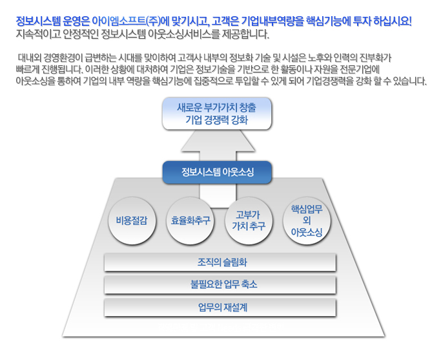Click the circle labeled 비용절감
coord(132,220)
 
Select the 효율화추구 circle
coord(190,220)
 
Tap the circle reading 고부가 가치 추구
coord(249,220)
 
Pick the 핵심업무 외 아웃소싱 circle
coord(307,220)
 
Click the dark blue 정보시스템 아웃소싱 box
coord(217,173)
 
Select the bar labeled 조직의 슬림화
coord(220,262)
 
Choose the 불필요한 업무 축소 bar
coord(220,284)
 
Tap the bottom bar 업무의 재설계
coord(220,308)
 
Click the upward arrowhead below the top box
coord(218,142)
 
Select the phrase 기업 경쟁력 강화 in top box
coord(216,120)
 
